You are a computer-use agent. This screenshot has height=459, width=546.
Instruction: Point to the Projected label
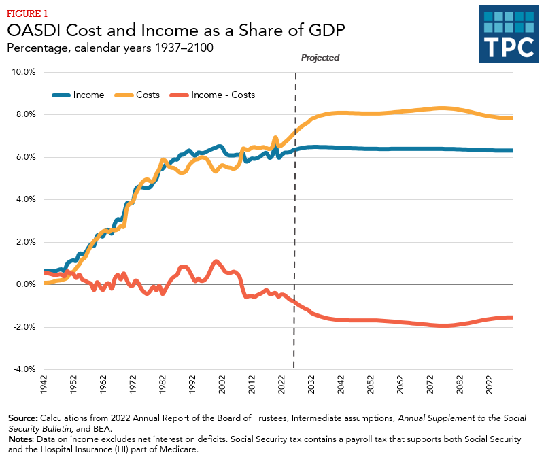click(320, 58)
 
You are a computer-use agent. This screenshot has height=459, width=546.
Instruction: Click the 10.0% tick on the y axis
click(25, 71)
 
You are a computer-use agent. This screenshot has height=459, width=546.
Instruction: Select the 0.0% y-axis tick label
click(27, 284)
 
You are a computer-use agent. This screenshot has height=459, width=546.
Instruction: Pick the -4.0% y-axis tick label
click(25, 369)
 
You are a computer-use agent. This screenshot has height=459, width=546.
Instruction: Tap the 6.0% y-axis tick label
click(27, 156)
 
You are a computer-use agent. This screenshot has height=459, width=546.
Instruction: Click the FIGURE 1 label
click(28, 14)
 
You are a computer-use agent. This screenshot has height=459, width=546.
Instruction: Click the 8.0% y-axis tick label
click(27, 114)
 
